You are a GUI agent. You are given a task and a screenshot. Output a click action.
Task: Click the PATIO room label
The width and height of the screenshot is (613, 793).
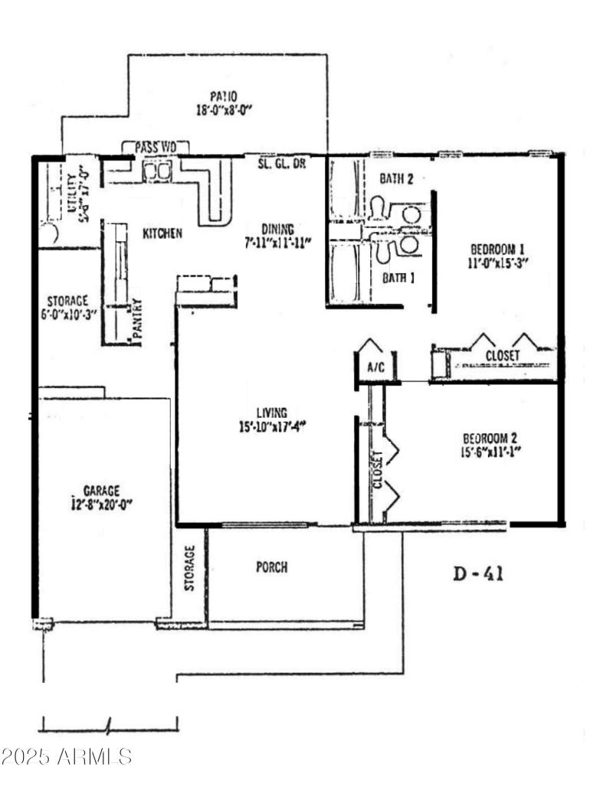pyautogui.click(x=224, y=96)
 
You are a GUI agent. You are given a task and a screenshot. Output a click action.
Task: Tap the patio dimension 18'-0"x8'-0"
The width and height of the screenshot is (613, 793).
pyautogui.click(x=224, y=109)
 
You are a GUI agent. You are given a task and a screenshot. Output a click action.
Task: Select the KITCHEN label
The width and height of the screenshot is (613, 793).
pyautogui.click(x=162, y=233)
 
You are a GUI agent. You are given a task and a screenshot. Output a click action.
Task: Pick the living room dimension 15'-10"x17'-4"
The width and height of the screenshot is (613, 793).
pyautogui.click(x=272, y=427)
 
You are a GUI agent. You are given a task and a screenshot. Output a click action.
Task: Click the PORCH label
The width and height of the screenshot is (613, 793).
pyautogui.click(x=271, y=567)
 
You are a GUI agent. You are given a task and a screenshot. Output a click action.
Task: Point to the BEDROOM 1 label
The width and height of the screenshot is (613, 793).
pyautogui.click(x=497, y=249)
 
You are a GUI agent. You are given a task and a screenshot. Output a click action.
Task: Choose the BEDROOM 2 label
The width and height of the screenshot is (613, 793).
pyautogui.click(x=490, y=439)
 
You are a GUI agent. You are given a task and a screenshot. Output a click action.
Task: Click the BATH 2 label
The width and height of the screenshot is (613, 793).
pyautogui.click(x=397, y=179)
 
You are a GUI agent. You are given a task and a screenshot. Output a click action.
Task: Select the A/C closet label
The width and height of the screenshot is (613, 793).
pyautogui.click(x=375, y=367)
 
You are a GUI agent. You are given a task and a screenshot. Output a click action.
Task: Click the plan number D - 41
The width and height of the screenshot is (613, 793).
pyautogui.click(x=478, y=573)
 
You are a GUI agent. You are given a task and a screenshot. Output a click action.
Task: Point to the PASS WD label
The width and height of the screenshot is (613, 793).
pyautogui.click(x=156, y=147)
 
